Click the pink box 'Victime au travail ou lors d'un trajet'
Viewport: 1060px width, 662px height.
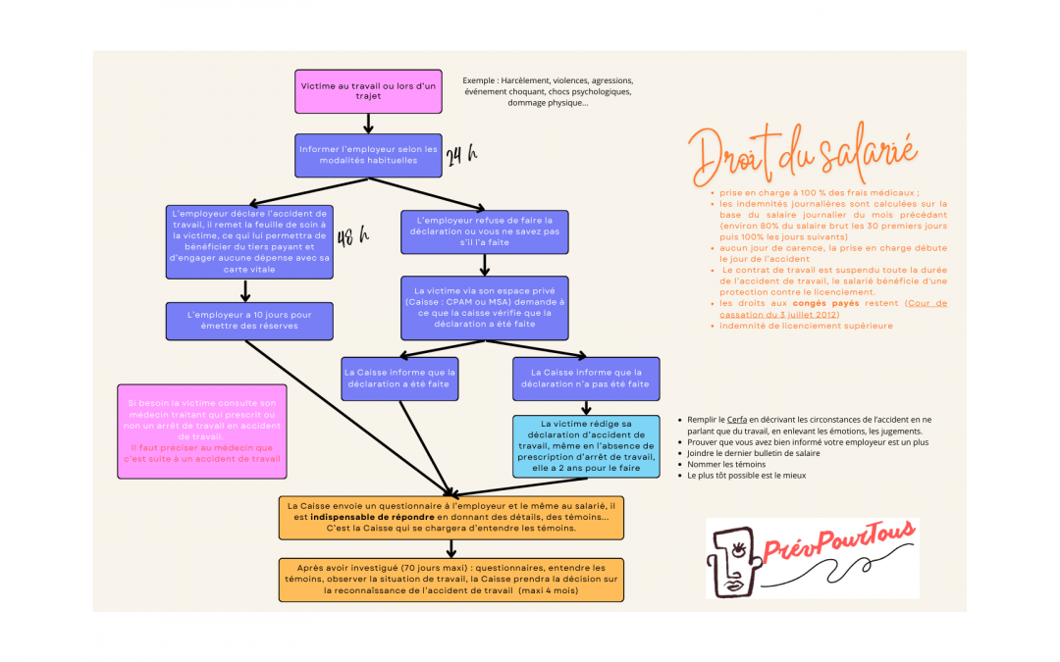tap(368, 91)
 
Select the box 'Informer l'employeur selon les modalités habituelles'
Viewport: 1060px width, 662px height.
tap(368, 155)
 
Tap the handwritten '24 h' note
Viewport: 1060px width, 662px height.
tap(461, 157)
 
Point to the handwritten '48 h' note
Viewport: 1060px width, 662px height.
tap(352, 237)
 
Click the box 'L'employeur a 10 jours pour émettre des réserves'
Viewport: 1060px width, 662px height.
tap(249, 321)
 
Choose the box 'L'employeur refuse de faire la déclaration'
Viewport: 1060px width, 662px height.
tap(485, 231)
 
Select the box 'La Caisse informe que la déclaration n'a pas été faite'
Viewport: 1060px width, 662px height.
tap(585, 379)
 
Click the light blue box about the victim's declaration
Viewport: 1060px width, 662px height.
tap(586, 446)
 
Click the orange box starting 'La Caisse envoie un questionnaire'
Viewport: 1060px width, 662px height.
tap(451, 516)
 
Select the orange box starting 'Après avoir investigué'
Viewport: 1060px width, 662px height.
tap(451, 580)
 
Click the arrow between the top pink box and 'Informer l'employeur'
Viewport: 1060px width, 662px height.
tap(368, 124)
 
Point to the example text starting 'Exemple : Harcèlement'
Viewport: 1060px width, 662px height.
tap(548, 91)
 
